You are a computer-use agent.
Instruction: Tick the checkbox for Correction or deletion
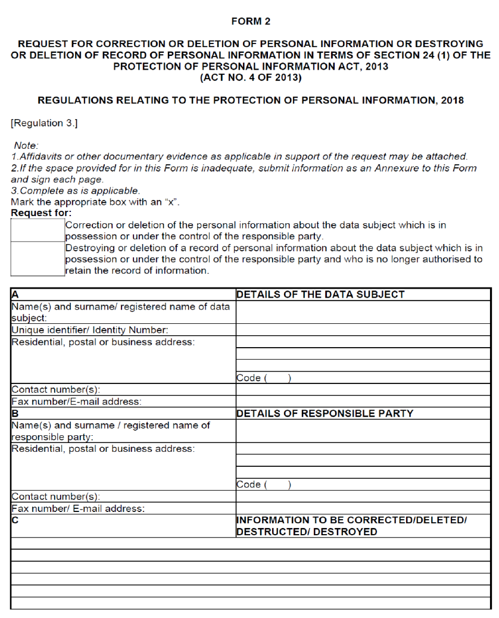37,230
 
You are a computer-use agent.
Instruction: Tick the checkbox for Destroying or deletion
37,259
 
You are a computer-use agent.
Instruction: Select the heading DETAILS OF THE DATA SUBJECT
320,294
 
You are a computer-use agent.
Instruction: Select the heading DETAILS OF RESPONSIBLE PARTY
325,414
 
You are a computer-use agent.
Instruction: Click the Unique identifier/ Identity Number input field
363,330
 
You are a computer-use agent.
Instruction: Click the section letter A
14,294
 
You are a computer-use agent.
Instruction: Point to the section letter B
14,414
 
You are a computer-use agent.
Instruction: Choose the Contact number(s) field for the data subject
363,390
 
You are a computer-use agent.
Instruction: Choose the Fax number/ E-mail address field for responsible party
363,508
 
